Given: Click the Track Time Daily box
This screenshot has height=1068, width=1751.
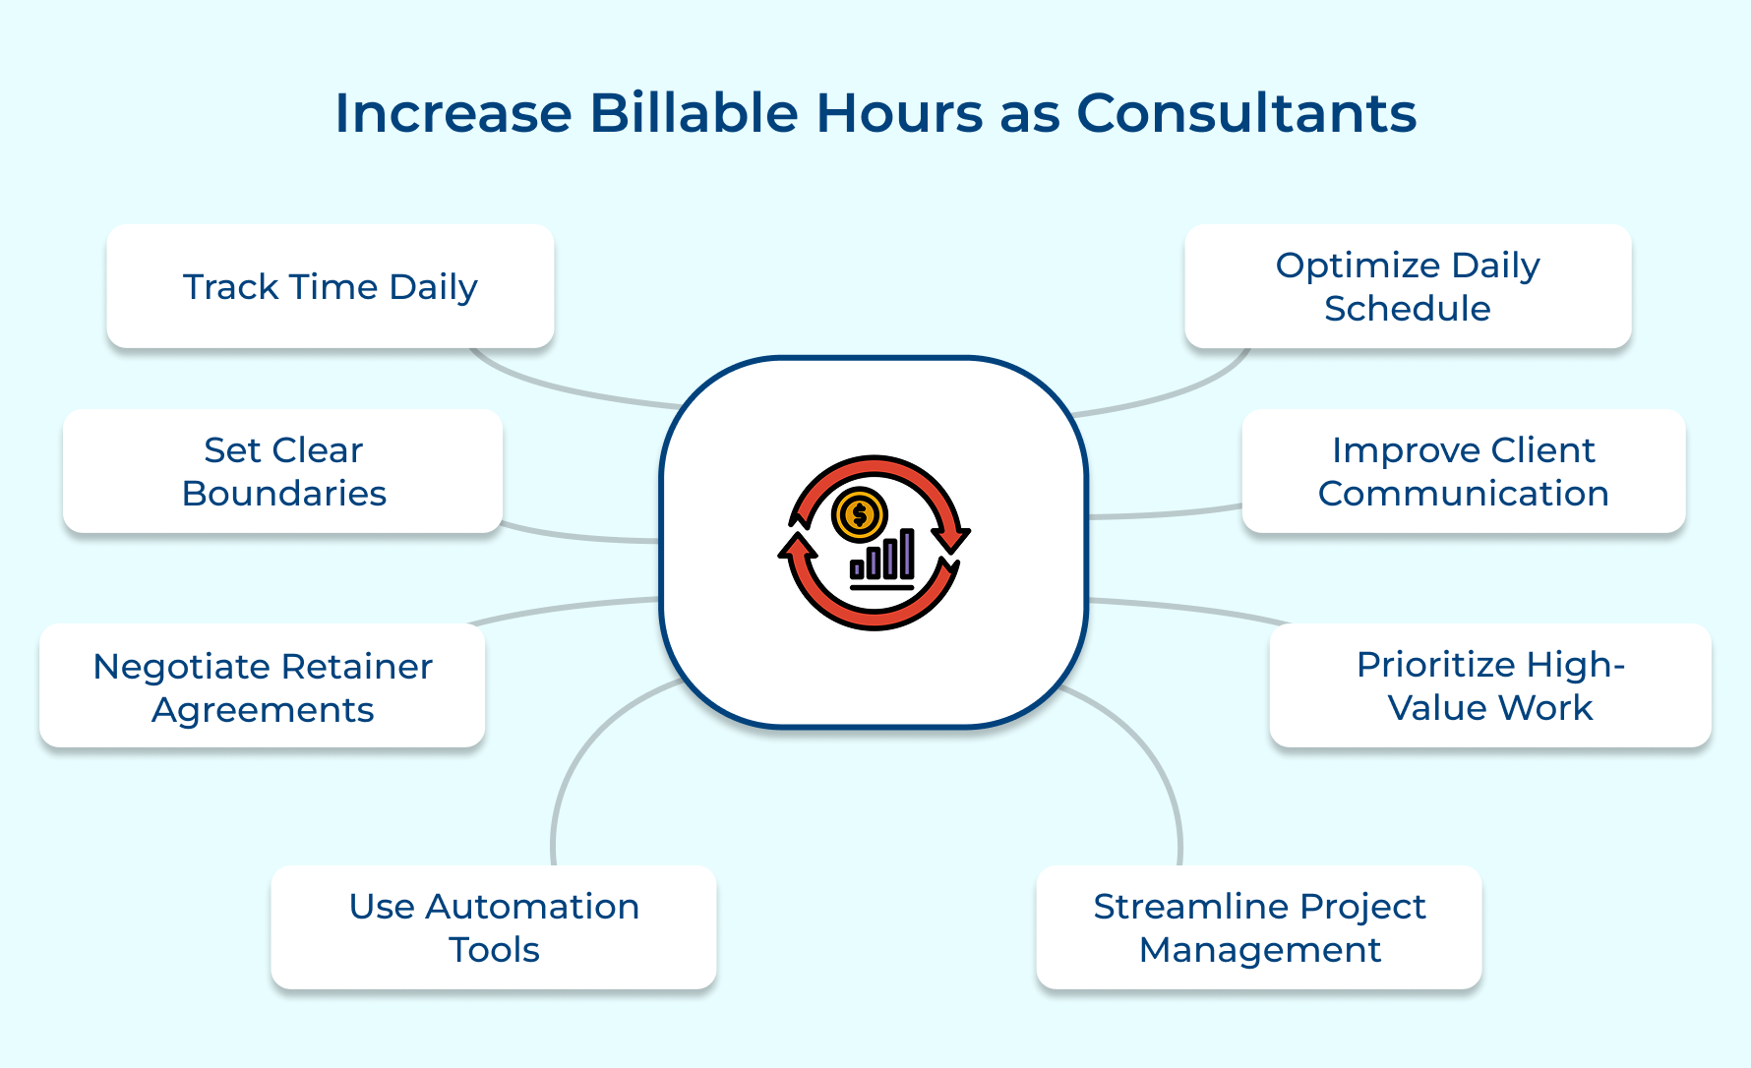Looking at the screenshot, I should coord(330,286).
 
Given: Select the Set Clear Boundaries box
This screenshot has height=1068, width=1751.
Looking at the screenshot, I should coord(283,471).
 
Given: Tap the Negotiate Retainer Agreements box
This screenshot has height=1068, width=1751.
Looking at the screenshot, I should coord(262,686).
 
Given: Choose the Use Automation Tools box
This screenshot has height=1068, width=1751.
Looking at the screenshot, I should coord(493,927).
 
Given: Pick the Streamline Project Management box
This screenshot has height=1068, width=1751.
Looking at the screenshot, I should coord(1258,927).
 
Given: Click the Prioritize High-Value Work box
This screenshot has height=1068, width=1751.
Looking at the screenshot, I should coord(1489,685).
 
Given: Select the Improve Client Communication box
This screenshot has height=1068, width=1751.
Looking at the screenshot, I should coord(1463,471).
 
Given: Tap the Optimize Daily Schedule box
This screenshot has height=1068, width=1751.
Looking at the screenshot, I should coord(1407,286).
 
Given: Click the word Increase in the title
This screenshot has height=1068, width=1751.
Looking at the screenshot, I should coord(453,113).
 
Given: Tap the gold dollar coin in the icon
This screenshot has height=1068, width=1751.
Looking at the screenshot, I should coord(860,514).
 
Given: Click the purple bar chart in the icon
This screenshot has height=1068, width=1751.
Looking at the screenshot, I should coord(883,557).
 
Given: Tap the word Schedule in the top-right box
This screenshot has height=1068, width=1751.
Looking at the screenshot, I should coord(1407,309).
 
